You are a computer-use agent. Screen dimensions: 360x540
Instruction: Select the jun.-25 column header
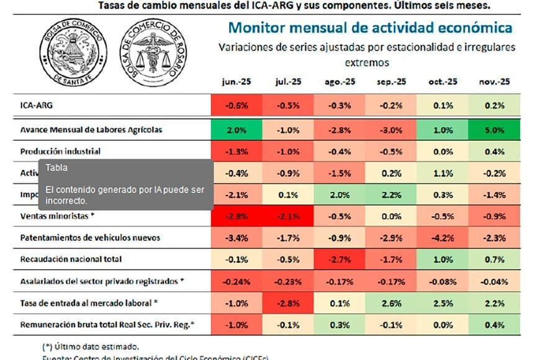tap(236, 82)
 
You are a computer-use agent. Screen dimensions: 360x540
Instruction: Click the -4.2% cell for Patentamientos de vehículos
tap(443, 237)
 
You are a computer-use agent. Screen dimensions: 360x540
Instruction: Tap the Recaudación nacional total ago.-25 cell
tap(340, 259)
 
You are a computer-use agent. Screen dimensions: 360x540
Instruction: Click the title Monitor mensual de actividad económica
tap(370, 29)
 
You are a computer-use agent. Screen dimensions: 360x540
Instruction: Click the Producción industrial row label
tap(60, 151)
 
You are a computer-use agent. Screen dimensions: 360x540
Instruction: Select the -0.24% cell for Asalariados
tap(236, 281)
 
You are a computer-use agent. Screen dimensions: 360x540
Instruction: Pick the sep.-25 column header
tap(391, 82)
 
